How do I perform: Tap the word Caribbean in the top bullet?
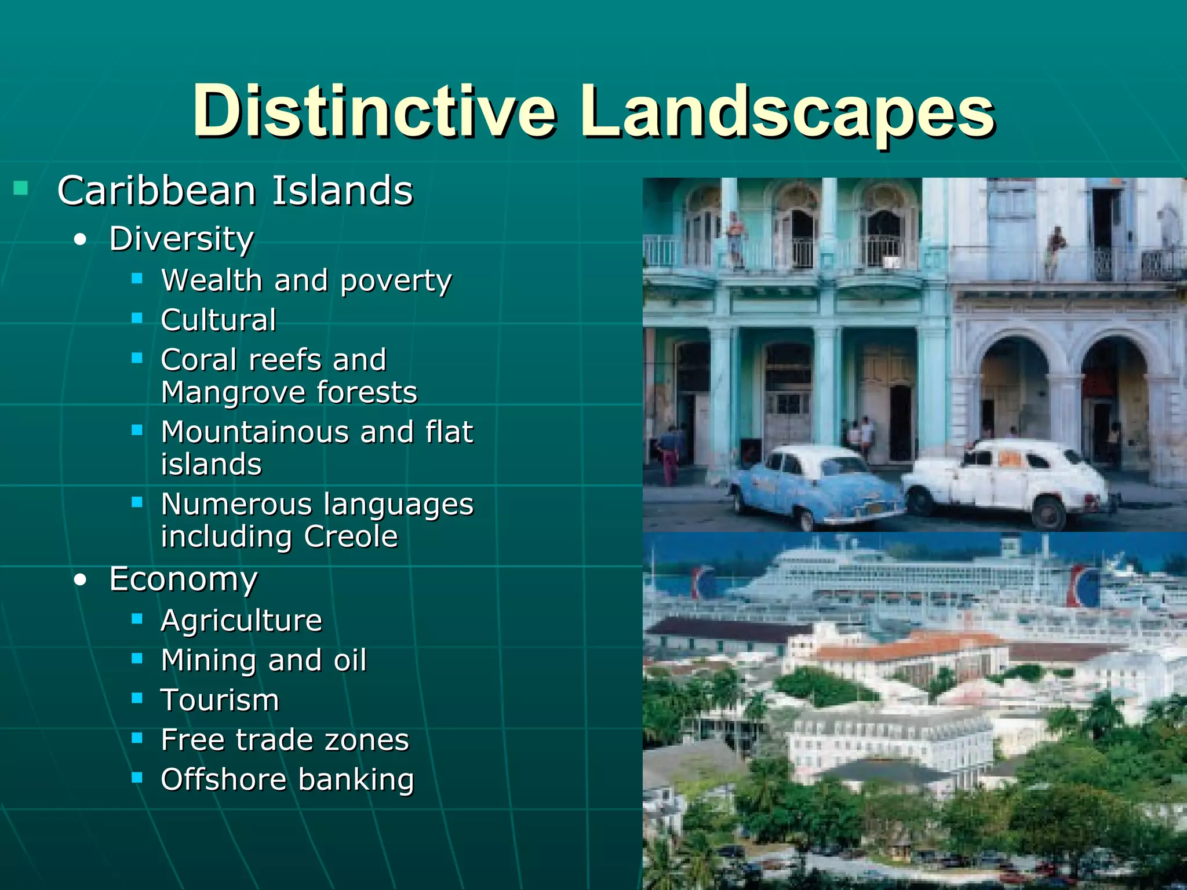click(156, 191)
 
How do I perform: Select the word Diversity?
click(181, 239)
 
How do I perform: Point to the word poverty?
click(396, 282)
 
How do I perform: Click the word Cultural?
click(219, 320)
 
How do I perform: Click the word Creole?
click(351, 537)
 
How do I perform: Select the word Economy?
click(183, 579)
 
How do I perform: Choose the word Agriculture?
click(241, 621)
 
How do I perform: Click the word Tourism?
click(220, 700)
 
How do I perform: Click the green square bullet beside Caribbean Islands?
click(21, 188)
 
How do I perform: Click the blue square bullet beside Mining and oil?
click(137, 658)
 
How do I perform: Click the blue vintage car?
click(814, 487)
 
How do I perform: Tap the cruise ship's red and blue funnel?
click(1083, 585)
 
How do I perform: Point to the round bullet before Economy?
click(81, 579)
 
